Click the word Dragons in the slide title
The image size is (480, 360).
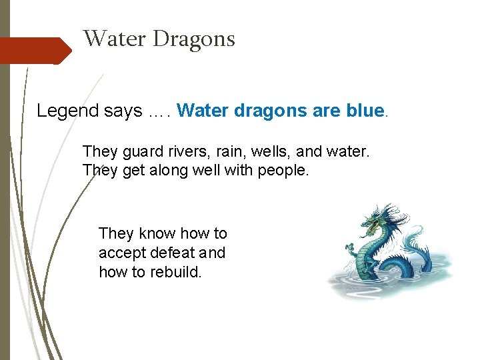click(194, 39)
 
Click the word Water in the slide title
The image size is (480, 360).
click(115, 39)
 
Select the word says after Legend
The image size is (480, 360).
click(123, 111)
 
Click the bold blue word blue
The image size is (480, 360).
click(365, 111)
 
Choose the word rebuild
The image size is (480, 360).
click(175, 272)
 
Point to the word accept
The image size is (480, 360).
click(118, 253)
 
